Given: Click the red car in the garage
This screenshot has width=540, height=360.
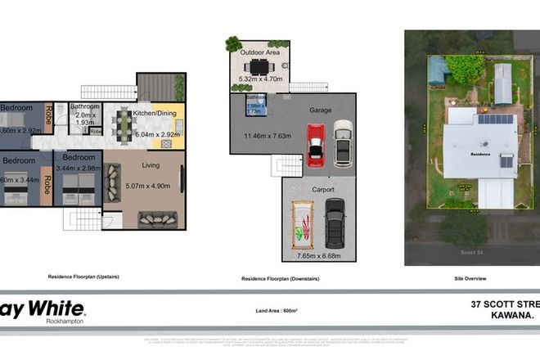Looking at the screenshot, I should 316,145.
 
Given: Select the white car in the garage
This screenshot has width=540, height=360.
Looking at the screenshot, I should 343,142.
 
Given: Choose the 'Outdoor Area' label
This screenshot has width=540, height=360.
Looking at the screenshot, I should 260,52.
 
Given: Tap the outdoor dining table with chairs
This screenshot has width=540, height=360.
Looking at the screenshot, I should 259,66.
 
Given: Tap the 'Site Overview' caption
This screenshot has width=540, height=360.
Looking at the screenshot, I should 471,278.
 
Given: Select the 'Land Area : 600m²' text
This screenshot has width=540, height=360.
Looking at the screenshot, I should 269,310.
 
